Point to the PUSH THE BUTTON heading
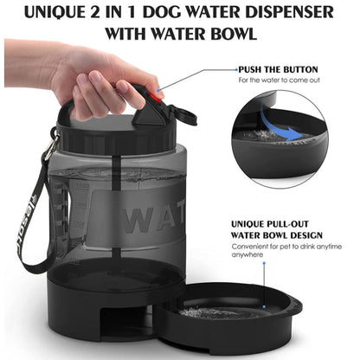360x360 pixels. tap(278, 69)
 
